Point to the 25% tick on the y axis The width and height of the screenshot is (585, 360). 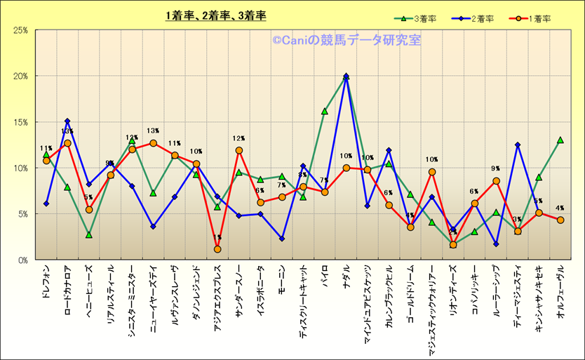pyautogui.click(x=20, y=30)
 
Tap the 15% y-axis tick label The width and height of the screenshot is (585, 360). pyautogui.click(x=20, y=122)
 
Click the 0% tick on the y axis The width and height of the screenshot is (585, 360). pyautogui.click(x=22, y=260)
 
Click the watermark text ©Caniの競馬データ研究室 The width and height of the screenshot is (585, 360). pyautogui.click(x=347, y=41)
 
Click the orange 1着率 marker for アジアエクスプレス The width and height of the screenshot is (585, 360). pyautogui.click(x=217, y=249)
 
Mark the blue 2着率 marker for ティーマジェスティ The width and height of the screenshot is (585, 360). pyautogui.click(x=518, y=145)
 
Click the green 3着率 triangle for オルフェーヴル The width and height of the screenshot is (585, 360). pyautogui.click(x=560, y=140)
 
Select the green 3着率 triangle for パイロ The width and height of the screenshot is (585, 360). pyautogui.click(x=325, y=111)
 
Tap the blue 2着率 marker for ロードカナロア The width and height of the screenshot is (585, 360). pyautogui.click(x=67, y=121)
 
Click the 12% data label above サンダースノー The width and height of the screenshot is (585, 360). pyautogui.click(x=238, y=139)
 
